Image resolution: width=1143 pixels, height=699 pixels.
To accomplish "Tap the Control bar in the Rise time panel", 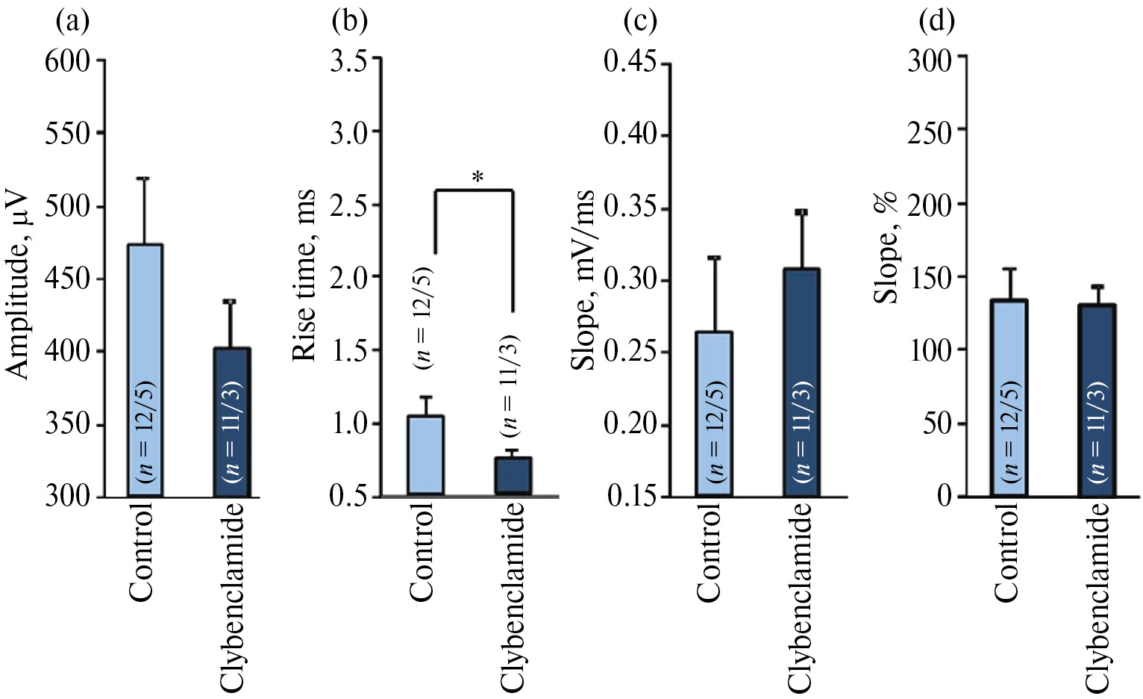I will tap(425, 455).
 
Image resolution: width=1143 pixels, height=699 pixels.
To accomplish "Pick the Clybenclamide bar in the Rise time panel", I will tap(513, 476).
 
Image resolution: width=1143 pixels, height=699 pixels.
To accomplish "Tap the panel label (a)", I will tap(73, 22).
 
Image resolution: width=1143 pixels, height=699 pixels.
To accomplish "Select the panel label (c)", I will tap(640, 22).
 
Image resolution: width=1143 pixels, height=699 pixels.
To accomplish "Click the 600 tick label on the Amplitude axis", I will tap(67, 60).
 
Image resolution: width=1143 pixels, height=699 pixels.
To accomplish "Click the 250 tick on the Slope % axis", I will tap(930, 131).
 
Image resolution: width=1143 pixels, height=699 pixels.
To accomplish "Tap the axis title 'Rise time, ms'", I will tap(304, 276).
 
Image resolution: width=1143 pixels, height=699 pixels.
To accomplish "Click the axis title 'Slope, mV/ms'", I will tap(584, 280).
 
